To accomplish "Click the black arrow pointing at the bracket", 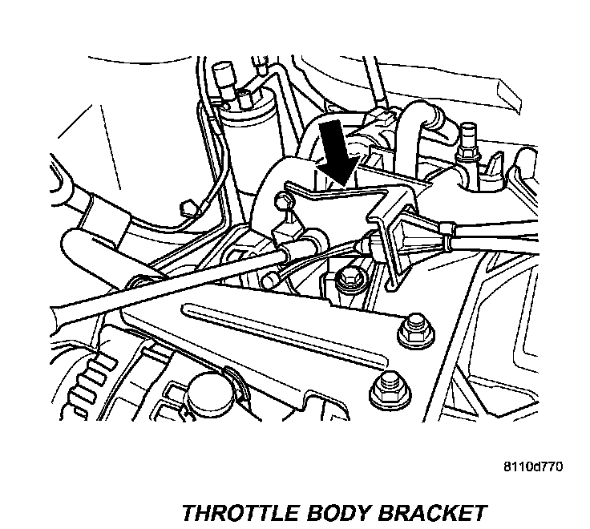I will (337, 151).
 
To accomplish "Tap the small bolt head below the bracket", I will (348, 278).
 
